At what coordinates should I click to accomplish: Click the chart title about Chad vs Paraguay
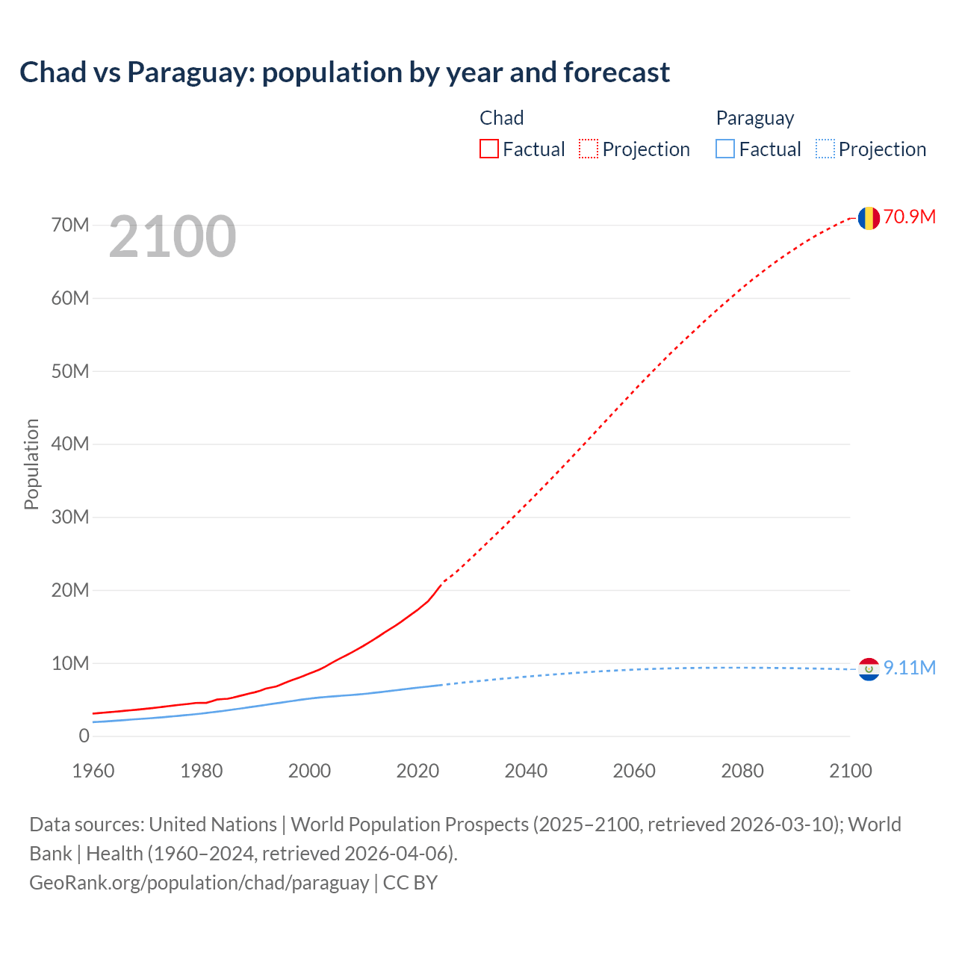(344, 72)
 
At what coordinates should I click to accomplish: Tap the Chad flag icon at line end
(869, 218)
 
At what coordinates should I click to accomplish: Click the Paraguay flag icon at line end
(869, 669)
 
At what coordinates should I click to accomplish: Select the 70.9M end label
(909, 217)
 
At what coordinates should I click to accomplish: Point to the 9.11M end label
(909, 668)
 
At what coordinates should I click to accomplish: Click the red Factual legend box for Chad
(489, 149)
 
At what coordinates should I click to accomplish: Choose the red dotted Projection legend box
(589, 149)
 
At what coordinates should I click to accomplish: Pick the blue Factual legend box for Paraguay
(725, 149)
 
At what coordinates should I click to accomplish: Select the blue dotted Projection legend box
(825, 149)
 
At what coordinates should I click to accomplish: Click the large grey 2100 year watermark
(173, 237)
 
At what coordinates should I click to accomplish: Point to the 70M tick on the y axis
(70, 225)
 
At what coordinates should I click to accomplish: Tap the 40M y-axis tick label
(70, 444)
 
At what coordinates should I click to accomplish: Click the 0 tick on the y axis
(84, 736)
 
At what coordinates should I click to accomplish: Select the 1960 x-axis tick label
(93, 771)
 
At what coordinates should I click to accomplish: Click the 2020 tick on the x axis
(418, 771)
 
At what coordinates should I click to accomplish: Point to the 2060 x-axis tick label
(634, 771)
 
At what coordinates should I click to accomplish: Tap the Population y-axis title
(31, 464)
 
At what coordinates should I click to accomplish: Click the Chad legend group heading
(501, 118)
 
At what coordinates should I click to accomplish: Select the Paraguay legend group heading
(754, 118)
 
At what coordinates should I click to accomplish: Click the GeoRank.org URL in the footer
(199, 883)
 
